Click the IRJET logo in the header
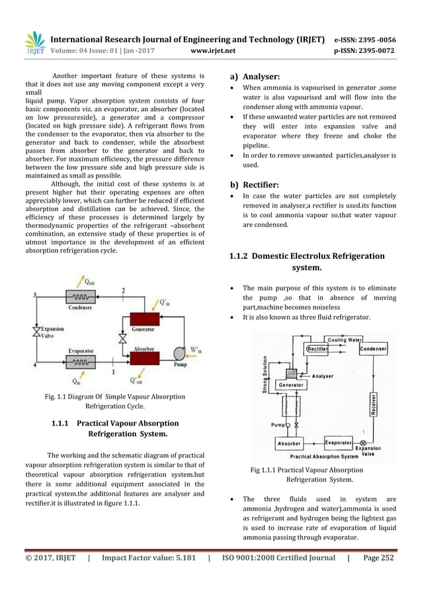click(x=35, y=43)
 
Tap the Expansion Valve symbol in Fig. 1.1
click(x=36, y=330)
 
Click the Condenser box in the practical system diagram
click(x=373, y=349)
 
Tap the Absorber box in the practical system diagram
click(x=290, y=443)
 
